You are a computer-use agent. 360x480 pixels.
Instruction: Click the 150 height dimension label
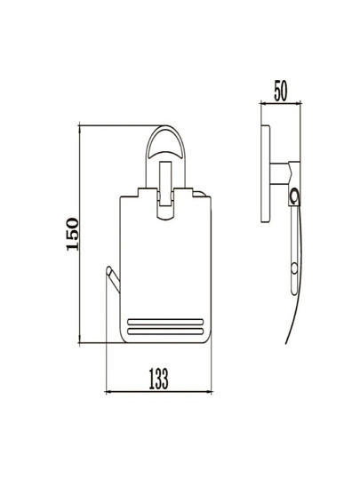pos(73,234)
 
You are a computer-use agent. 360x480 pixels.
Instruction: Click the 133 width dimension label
pos(158,379)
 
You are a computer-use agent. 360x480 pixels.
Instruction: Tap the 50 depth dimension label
pos(280,91)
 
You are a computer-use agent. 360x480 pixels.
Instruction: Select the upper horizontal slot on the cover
pos(165,322)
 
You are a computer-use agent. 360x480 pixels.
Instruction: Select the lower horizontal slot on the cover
pos(165,331)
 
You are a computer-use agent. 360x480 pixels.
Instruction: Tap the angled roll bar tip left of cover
pos(109,269)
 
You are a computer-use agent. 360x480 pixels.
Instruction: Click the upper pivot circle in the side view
pos(294,196)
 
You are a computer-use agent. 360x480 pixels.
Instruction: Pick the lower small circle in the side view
pos(294,268)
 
